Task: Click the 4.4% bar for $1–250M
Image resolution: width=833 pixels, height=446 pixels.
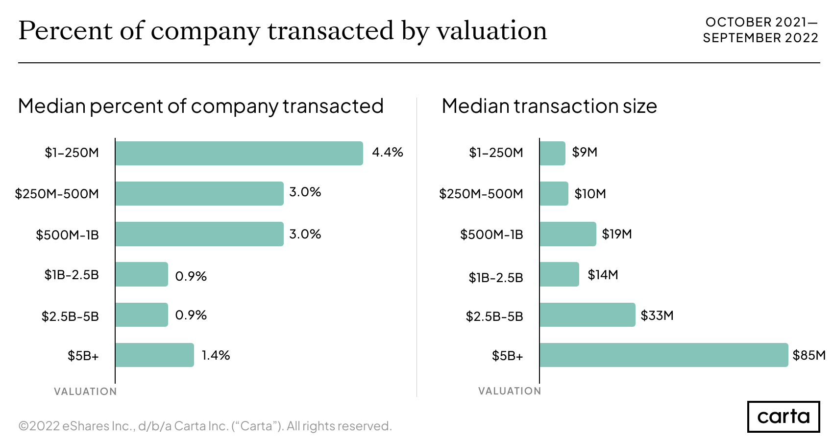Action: pyautogui.click(x=239, y=153)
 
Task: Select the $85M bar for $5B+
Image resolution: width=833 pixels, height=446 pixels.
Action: pyautogui.click(x=663, y=355)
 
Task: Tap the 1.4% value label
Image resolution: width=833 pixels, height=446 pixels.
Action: pyautogui.click(x=216, y=355)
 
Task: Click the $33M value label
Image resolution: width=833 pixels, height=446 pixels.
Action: pyautogui.click(x=657, y=315)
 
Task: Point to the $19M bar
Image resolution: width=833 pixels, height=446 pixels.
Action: pyautogui.click(x=567, y=234)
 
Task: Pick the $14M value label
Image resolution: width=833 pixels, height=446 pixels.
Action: pyautogui.click(x=603, y=275)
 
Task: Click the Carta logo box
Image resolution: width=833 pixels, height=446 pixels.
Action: pyautogui.click(x=783, y=417)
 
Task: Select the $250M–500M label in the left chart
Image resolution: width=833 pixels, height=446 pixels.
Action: pyautogui.click(x=57, y=194)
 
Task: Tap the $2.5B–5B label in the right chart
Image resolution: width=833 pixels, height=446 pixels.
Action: pyautogui.click(x=494, y=316)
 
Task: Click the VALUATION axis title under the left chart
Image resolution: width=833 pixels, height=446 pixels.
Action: pyautogui.click(x=85, y=392)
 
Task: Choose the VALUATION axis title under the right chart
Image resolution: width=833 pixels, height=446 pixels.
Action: pyautogui.click(x=510, y=391)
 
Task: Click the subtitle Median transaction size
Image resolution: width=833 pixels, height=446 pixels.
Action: pyautogui.click(x=549, y=106)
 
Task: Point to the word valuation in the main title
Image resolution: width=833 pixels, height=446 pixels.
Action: pyautogui.click(x=491, y=30)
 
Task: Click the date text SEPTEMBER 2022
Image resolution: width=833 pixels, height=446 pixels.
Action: pyautogui.click(x=760, y=38)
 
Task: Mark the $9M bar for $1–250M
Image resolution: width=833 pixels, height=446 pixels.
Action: pyautogui.click(x=552, y=153)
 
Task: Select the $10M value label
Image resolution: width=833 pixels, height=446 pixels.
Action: pyautogui.click(x=590, y=194)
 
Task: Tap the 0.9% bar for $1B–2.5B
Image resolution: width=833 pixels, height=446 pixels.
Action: pyautogui.click(x=142, y=274)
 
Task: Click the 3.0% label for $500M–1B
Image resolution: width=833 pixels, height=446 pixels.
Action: pyautogui.click(x=305, y=234)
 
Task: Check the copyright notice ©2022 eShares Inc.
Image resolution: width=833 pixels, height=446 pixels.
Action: pyautogui.click(x=205, y=426)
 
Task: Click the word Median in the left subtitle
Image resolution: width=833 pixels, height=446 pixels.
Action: pyautogui.click(x=52, y=106)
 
